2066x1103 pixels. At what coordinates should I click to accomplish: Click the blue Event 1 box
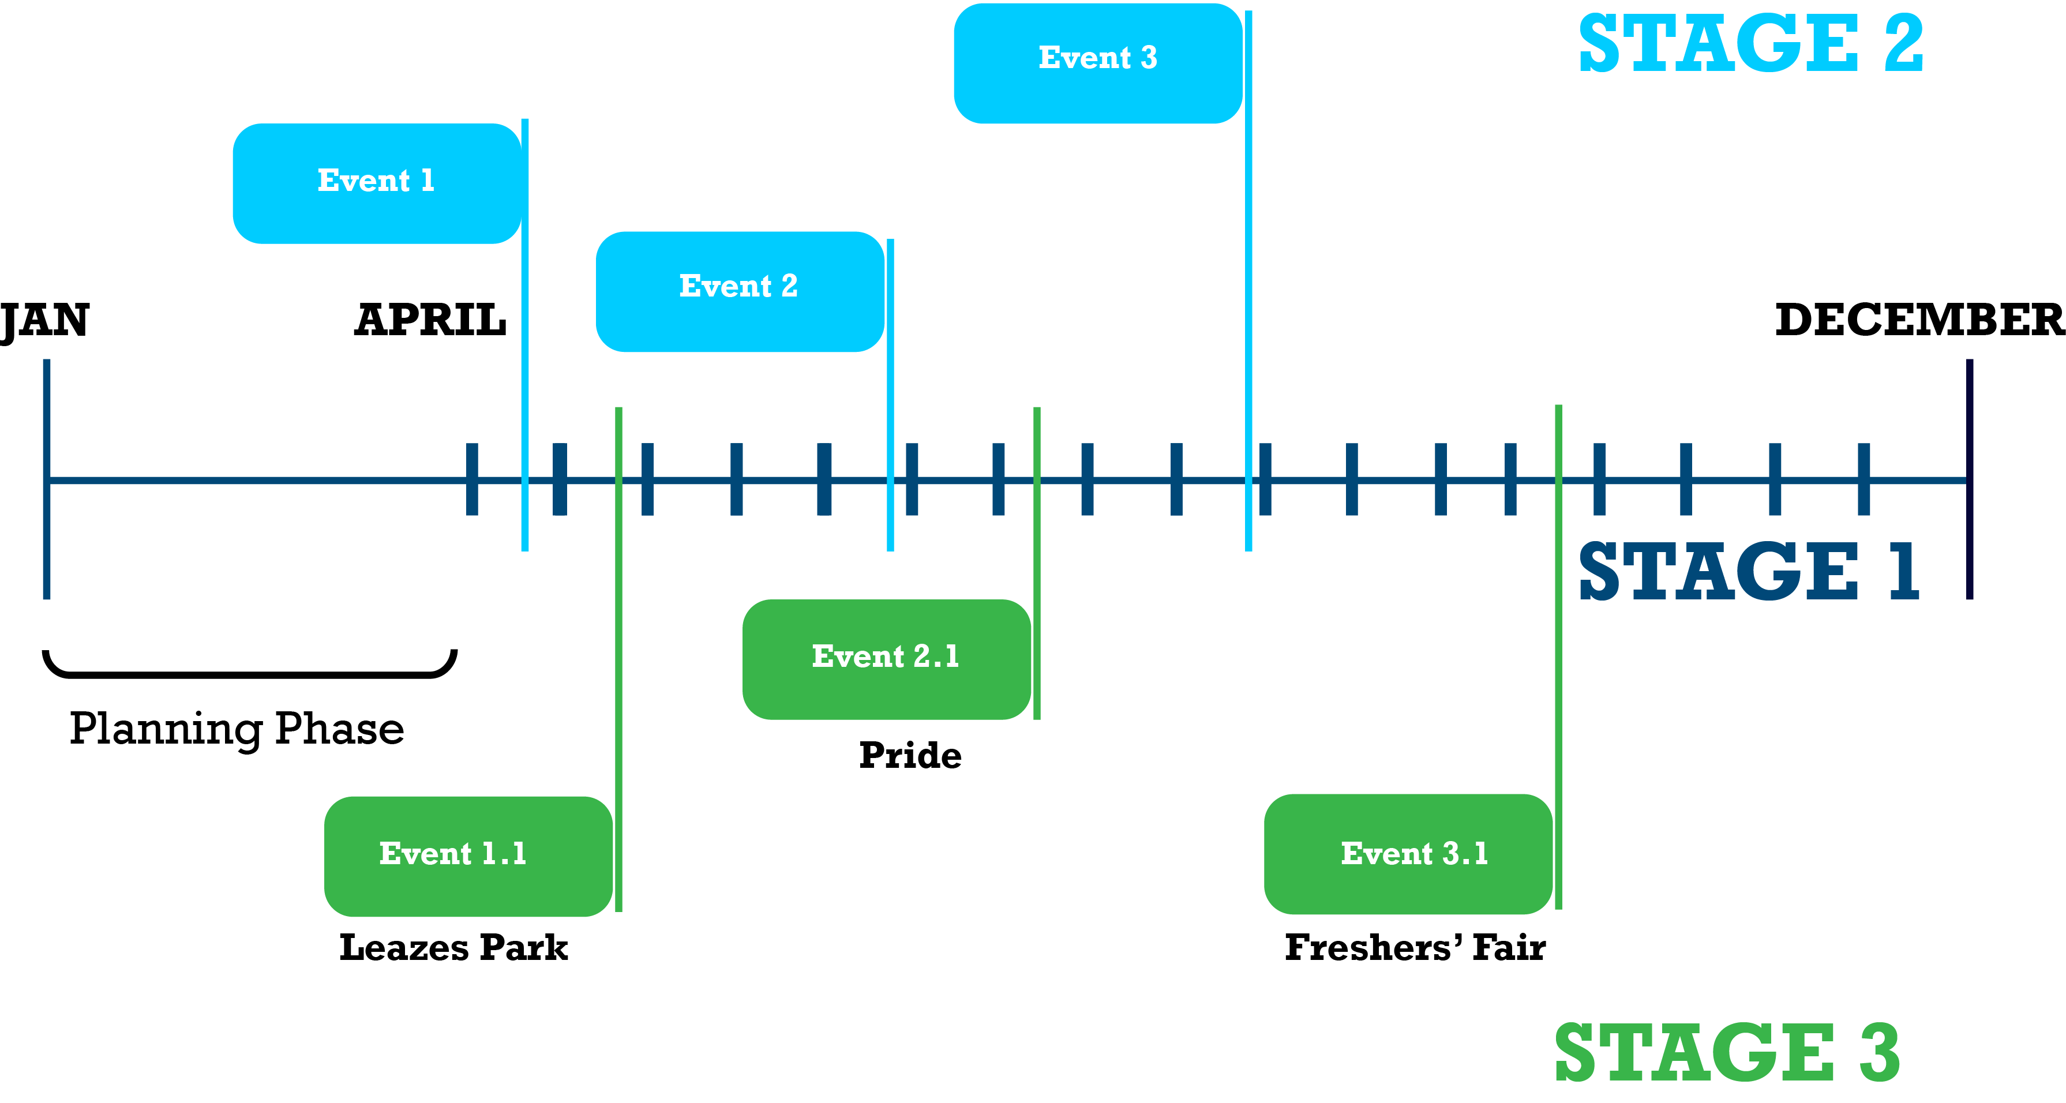coord(377,183)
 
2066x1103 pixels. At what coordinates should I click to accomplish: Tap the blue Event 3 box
coord(1097,62)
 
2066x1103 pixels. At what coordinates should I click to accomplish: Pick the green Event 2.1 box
coord(886,659)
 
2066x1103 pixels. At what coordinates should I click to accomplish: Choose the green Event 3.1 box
coord(1408,854)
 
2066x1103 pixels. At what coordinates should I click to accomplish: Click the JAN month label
coord(45,321)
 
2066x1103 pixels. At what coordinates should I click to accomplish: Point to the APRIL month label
coord(431,321)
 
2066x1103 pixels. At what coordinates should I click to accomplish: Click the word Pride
coord(909,756)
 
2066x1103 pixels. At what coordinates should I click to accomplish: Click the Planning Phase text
coord(237,729)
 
